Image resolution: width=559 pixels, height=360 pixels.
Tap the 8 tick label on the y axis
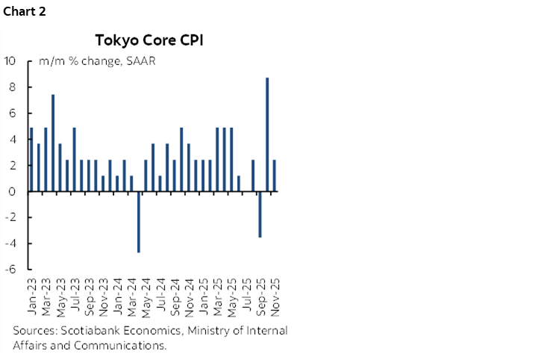[13, 87]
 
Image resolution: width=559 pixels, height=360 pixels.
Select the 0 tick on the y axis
[13, 191]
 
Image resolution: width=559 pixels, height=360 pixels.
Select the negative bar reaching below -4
[139, 222]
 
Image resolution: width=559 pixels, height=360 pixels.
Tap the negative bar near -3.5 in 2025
[260, 214]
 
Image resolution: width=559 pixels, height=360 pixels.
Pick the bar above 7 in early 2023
[53, 143]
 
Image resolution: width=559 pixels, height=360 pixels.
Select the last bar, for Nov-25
[274, 176]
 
